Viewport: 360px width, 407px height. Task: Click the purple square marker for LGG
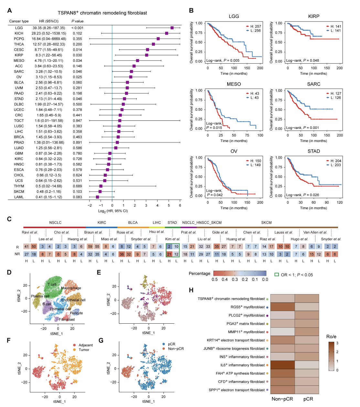point(172,28)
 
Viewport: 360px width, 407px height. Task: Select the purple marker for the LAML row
point(98,197)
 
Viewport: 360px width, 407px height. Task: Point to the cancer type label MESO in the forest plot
point(19,61)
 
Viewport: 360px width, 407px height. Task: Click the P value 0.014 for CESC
point(77,50)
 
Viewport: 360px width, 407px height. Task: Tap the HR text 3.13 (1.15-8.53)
point(49,77)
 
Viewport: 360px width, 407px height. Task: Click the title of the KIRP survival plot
point(313,16)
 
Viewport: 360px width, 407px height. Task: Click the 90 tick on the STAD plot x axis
point(327,203)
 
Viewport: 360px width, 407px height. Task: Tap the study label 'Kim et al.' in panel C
point(173,239)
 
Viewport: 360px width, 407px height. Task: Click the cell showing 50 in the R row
point(34,246)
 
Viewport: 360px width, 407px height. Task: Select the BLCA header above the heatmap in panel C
point(133,223)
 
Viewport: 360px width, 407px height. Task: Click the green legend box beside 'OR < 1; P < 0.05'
point(277,275)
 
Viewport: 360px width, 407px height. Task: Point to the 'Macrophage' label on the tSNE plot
point(71,288)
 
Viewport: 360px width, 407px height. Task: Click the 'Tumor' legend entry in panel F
point(84,350)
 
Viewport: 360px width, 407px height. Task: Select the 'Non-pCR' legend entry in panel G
point(176,349)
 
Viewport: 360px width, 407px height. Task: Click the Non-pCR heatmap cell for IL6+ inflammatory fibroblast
point(282,365)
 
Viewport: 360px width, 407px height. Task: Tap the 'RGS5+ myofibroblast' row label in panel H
point(248,307)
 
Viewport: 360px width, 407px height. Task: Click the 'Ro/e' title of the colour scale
point(331,337)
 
